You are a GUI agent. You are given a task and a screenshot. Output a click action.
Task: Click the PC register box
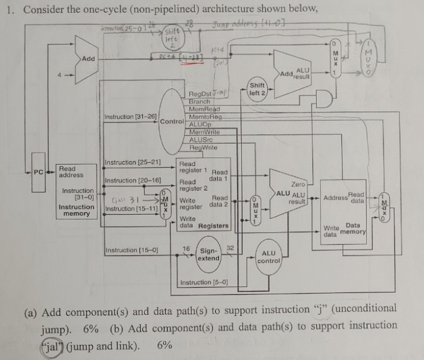(39, 172)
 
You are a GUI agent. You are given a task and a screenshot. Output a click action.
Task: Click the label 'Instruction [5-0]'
(205, 282)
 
